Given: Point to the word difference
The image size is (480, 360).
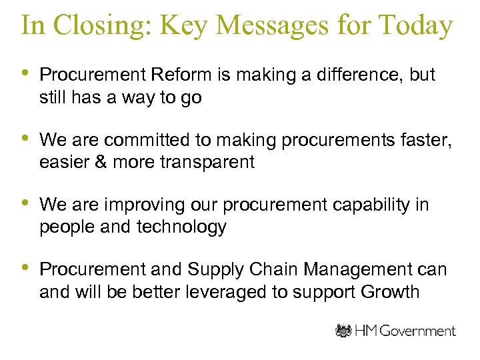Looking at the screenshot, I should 350,75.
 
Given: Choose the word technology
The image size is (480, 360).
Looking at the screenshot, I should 181,227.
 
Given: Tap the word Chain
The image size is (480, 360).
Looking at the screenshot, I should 273,270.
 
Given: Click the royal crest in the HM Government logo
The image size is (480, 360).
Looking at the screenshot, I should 343,331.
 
